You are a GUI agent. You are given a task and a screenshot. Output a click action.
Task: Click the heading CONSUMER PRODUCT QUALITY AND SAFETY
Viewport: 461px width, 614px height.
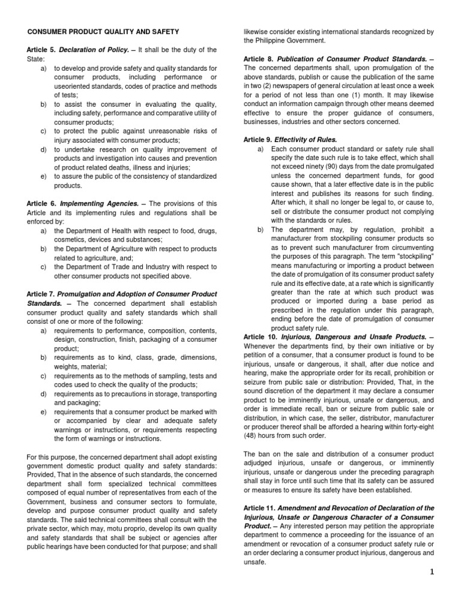click(103, 31)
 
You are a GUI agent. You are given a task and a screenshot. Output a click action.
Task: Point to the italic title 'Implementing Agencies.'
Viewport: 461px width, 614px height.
click(97, 204)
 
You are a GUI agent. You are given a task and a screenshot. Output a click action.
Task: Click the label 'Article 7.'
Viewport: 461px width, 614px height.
click(41, 294)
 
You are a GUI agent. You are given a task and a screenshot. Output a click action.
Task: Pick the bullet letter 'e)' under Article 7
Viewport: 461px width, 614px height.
click(44, 412)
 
